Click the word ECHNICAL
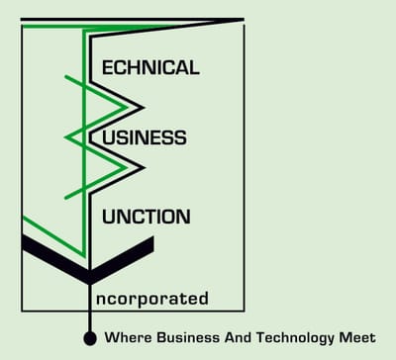pyautogui.click(x=151, y=68)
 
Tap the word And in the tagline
pyautogui.click(x=230, y=337)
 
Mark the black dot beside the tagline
pyautogui.click(x=89, y=338)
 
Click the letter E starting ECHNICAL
pyautogui.click(x=110, y=68)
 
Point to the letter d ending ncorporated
pyautogui.click(x=204, y=297)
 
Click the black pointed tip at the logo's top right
pyautogui.click(x=241, y=20)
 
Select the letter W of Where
pyautogui.click(x=111, y=337)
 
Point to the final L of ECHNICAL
pyautogui.click(x=194, y=68)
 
